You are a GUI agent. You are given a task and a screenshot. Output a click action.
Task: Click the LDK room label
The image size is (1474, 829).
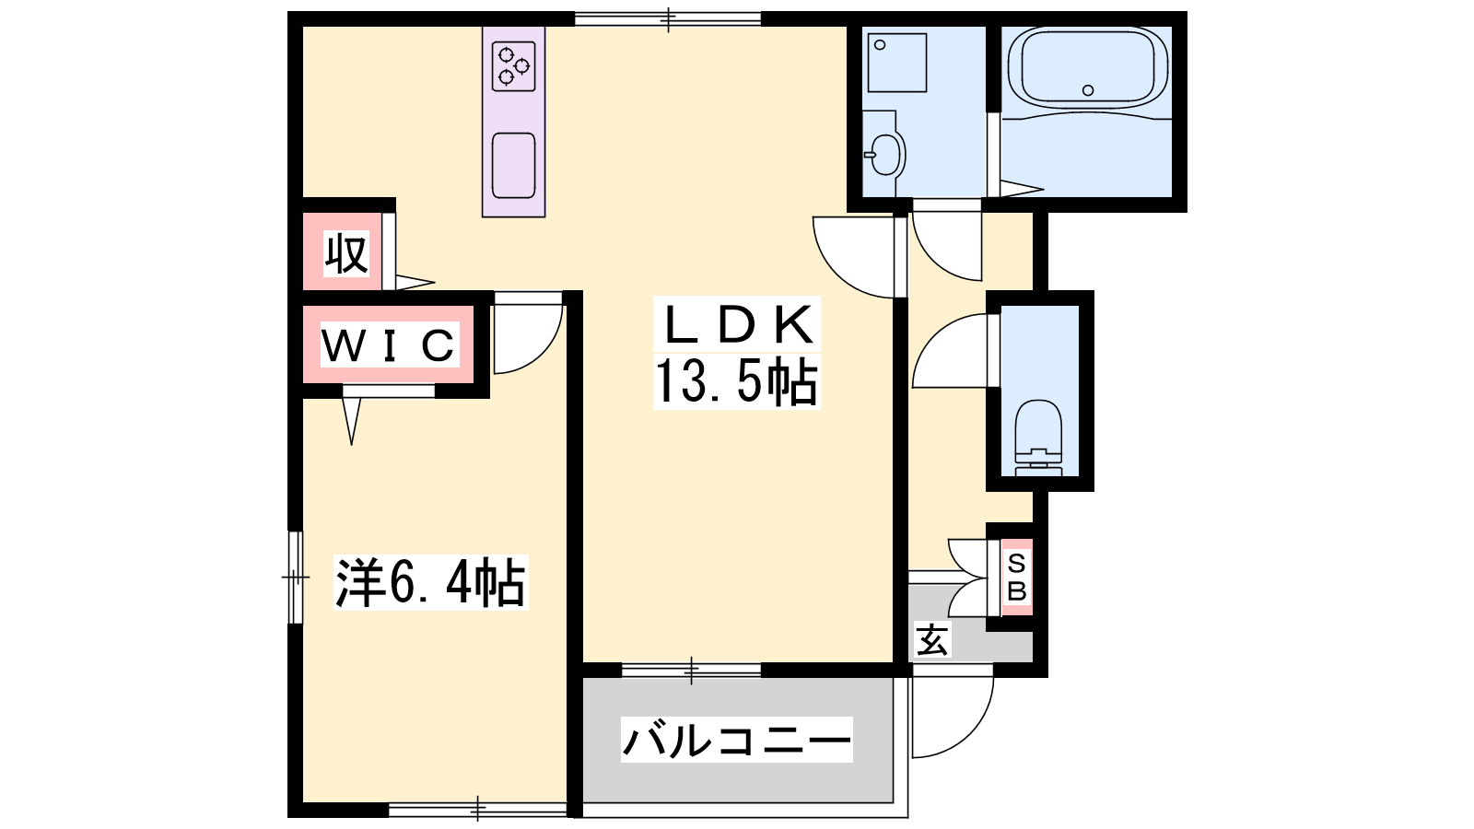tap(738, 325)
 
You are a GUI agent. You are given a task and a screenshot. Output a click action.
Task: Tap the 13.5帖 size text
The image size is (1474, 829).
tap(736, 381)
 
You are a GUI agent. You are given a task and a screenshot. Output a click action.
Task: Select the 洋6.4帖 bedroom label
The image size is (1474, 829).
tap(430, 582)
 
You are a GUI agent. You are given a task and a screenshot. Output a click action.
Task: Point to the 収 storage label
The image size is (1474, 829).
tap(346, 253)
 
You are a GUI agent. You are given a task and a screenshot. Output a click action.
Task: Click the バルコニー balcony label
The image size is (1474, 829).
tap(737, 740)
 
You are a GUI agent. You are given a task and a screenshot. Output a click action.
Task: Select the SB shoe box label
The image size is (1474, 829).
tap(1017, 577)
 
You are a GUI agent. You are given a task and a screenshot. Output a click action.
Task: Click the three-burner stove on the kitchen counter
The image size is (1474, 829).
tap(513, 66)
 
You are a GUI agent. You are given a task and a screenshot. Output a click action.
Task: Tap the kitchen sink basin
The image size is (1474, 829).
tap(513, 165)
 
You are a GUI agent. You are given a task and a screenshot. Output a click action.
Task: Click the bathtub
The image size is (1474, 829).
tap(1088, 68)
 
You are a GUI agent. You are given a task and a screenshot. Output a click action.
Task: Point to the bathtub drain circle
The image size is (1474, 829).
tap(1088, 90)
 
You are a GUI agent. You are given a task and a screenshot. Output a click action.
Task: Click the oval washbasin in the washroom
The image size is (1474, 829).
tap(885, 155)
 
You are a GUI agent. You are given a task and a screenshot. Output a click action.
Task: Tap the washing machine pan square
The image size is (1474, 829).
tap(897, 63)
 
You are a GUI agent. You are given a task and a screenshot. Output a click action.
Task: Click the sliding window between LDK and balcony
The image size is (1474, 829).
tap(692, 671)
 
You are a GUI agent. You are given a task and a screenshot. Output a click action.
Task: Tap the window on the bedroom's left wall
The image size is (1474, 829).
tap(296, 577)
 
